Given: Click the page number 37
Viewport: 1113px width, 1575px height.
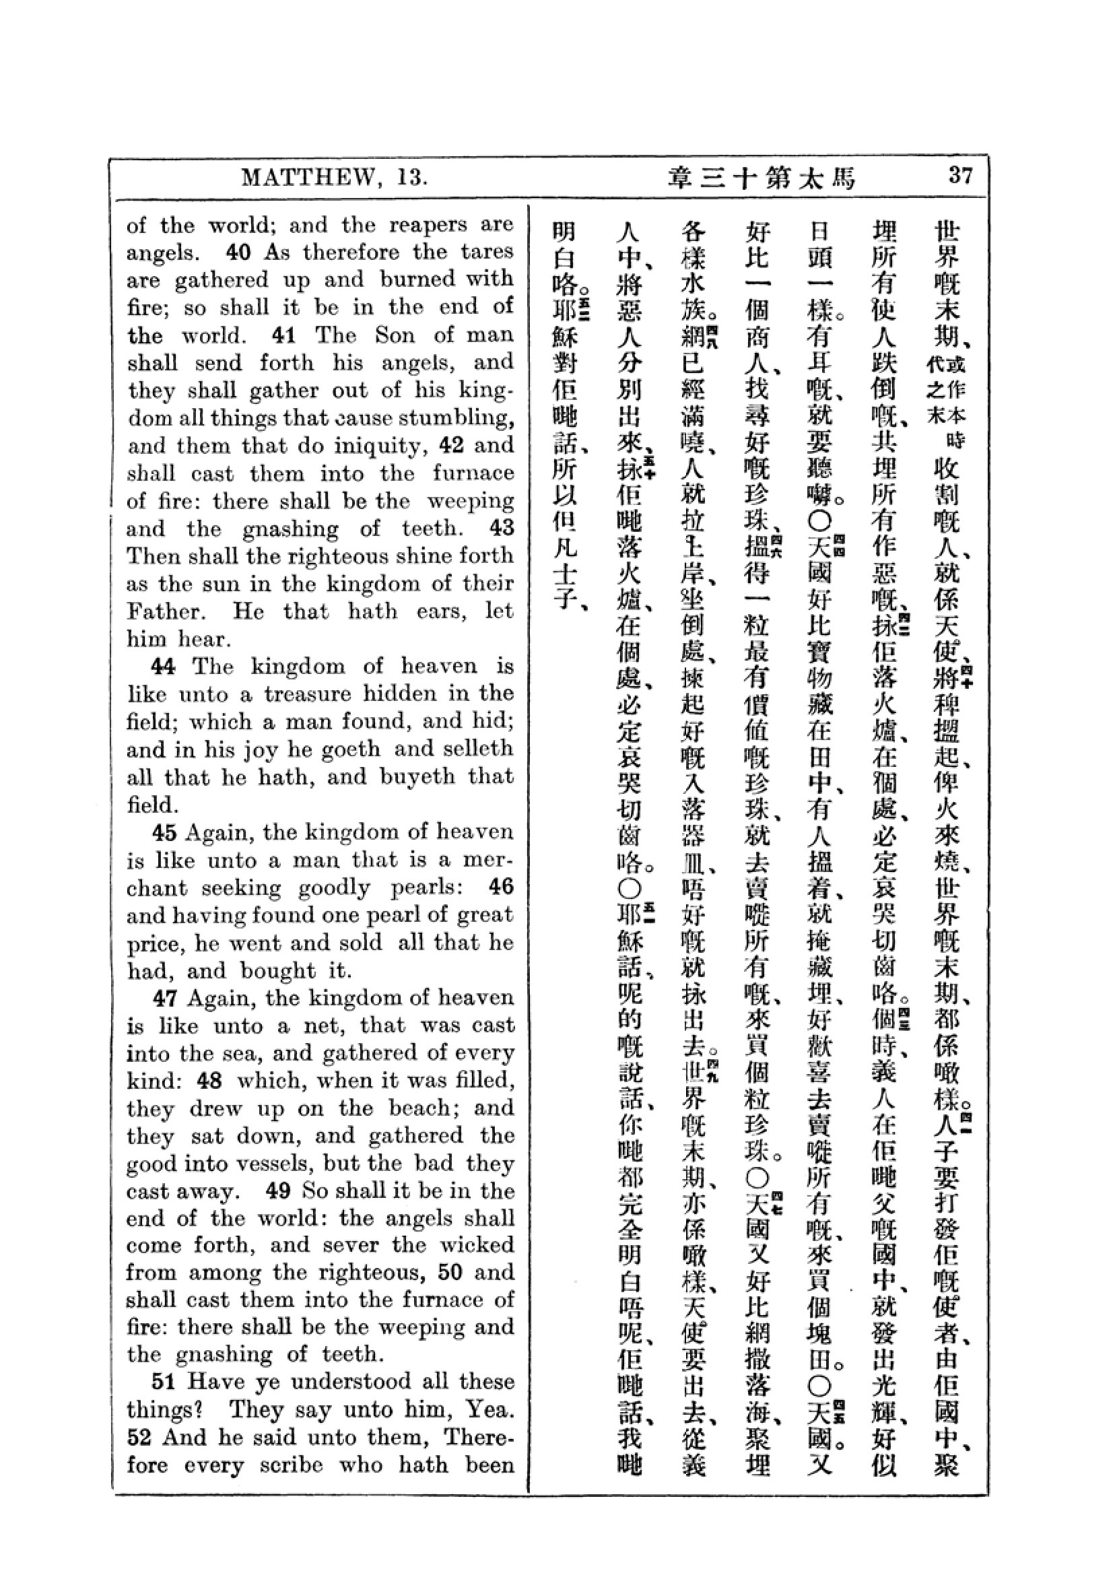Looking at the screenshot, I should point(960,176).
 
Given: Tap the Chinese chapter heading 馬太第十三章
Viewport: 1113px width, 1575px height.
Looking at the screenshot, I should point(762,178).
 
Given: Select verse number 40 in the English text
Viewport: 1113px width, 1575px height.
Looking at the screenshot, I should point(238,253).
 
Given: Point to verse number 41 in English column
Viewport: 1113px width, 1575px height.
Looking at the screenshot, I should point(283,335).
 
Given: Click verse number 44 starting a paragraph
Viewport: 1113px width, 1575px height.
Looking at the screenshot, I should point(164,666).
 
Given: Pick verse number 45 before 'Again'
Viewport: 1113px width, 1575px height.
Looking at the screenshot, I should point(164,832).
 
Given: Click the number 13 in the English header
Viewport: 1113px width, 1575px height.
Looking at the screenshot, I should point(411,178).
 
